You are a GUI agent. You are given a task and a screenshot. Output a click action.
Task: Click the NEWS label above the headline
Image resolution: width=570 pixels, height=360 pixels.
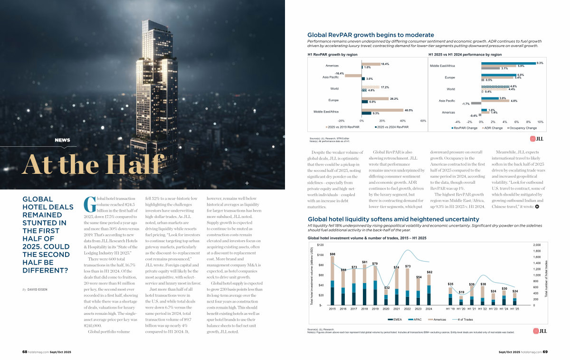(63, 140)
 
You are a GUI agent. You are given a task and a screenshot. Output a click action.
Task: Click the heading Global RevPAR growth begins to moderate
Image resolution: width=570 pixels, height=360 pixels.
(370, 35)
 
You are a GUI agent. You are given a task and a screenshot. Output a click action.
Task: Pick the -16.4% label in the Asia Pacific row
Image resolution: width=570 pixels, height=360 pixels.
(339, 73)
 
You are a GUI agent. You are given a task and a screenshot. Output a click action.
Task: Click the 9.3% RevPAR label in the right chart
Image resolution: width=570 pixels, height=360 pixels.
(540, 63)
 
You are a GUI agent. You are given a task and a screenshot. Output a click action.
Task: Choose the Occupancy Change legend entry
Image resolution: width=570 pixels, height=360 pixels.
(522, 128)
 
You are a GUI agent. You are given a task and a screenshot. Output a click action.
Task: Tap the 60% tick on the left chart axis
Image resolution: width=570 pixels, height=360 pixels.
(423, 121)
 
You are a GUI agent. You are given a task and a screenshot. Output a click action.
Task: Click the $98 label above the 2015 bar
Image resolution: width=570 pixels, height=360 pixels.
(332, 254)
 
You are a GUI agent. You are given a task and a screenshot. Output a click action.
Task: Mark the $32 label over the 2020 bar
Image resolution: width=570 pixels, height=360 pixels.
(387, 288)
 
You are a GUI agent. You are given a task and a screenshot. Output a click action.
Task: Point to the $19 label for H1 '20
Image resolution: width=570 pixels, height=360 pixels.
(461, 292)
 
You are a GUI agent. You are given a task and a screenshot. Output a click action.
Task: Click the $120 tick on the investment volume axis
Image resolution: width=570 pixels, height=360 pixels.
(321, 244)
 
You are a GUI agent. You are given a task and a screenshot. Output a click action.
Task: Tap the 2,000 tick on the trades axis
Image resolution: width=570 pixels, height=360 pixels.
(537, 245)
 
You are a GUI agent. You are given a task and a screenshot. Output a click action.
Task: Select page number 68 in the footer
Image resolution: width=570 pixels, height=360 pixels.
(25, 352)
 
